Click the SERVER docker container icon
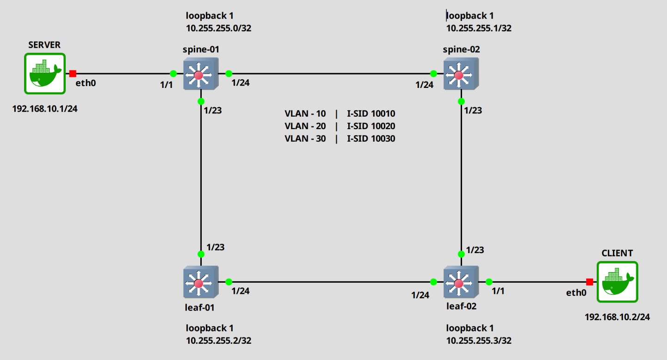(x=45, y=74)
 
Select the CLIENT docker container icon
(x=617, y=282)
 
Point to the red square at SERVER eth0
(x=73, y=74)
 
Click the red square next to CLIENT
(x=589, y=282)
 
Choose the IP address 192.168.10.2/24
(x=618, y=317)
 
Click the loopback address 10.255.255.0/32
(x=219, y=28)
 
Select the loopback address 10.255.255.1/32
(x=479, y=28)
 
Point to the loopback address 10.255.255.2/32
(x=219, y=341)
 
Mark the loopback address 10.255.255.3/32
(x=479, y=341)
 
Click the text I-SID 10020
(x=371, y=126)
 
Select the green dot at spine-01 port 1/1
(x=173, y=74)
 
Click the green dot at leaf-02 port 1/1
(x=489, y=282)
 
